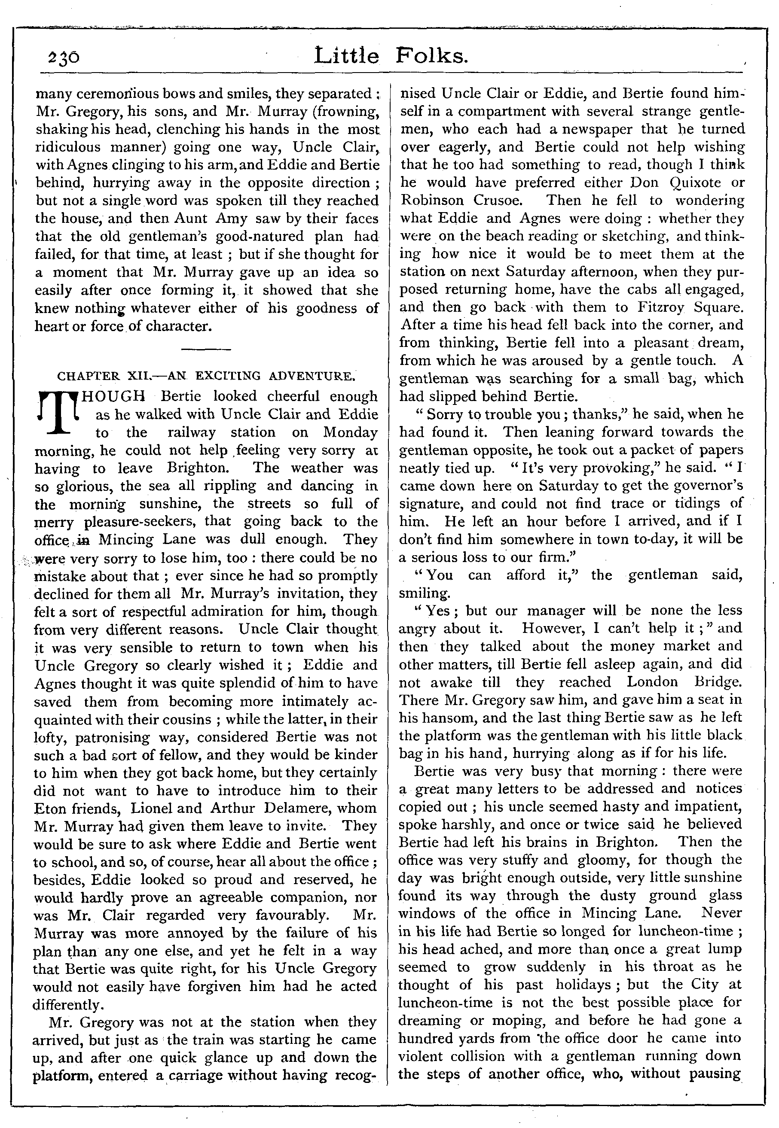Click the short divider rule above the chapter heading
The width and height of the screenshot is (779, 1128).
point(205,349)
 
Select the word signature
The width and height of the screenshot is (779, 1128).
point(434,504)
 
